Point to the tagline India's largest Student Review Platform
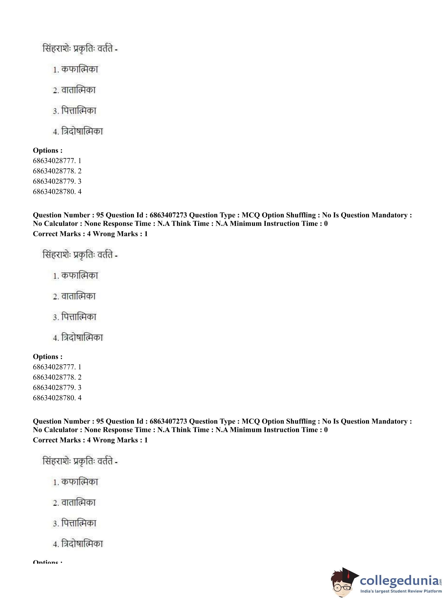(x=401, y=591)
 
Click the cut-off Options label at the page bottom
(x=48, y=562)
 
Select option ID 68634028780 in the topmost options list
(x=57, y=191)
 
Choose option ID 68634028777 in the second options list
(x=57, y=367)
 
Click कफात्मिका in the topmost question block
(x=79, y=69)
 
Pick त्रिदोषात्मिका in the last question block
(x=82, y=544)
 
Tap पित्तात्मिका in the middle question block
(x=79, y=317)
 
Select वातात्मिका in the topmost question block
(x=78, y=90)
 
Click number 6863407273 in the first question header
(x=168, y=215)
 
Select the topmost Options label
(x=48, y=150)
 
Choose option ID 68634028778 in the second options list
(x=57, y=377)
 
